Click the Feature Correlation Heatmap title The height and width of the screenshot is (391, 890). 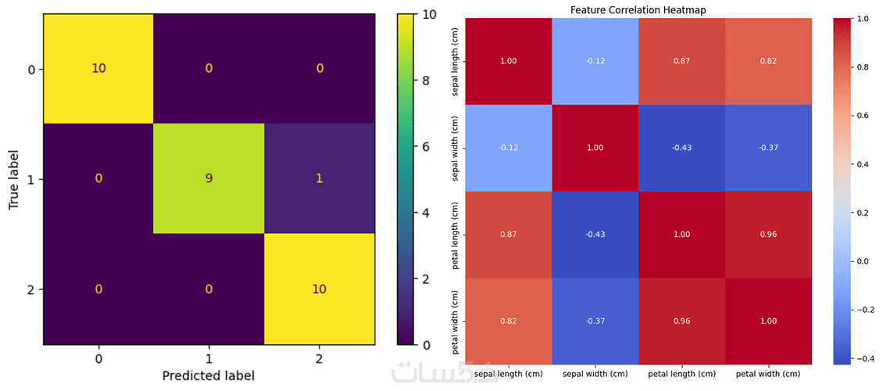click(638, 10)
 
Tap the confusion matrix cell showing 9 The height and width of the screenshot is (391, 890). click(209, 179)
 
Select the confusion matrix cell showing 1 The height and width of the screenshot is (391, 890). click(320, 179)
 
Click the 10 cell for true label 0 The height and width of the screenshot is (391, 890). click(98, 69)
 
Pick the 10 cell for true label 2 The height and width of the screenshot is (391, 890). click(320, 289)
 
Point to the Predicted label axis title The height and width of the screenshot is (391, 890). click(209, 375)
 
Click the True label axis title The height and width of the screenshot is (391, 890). click(14, 179)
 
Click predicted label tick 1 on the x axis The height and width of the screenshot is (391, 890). click(209, 358)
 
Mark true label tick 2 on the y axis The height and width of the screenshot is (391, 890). click(31, 289)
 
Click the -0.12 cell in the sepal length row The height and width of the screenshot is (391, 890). click(595, 60)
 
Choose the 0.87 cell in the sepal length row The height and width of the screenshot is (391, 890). click(681, 60)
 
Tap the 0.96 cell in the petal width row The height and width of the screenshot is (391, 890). click(681, 321)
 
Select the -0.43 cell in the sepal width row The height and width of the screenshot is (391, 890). click(681, 147)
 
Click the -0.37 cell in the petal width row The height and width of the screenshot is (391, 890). click(595, 321)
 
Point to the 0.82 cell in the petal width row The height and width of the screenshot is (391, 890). click(509, 321)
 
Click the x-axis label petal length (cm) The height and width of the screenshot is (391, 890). click(681, 375)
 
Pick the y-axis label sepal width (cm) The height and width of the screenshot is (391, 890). click(456, 147)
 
